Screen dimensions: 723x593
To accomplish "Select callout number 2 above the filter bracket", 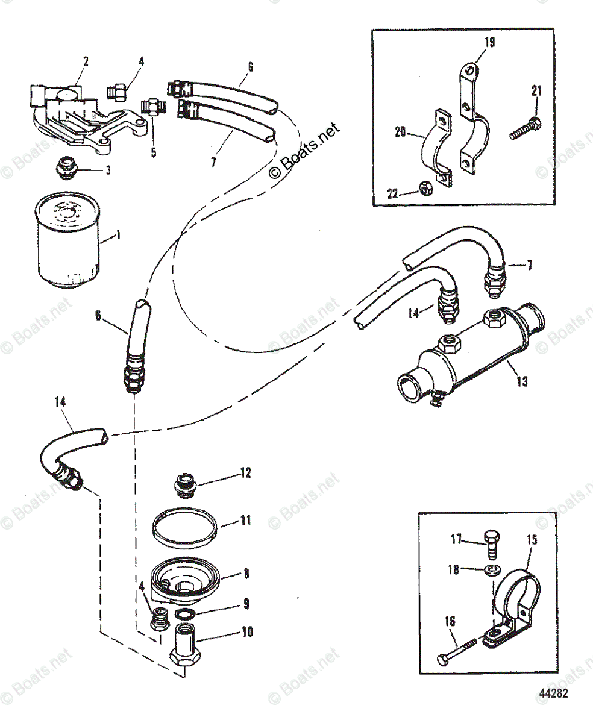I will tap(86, 61).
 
